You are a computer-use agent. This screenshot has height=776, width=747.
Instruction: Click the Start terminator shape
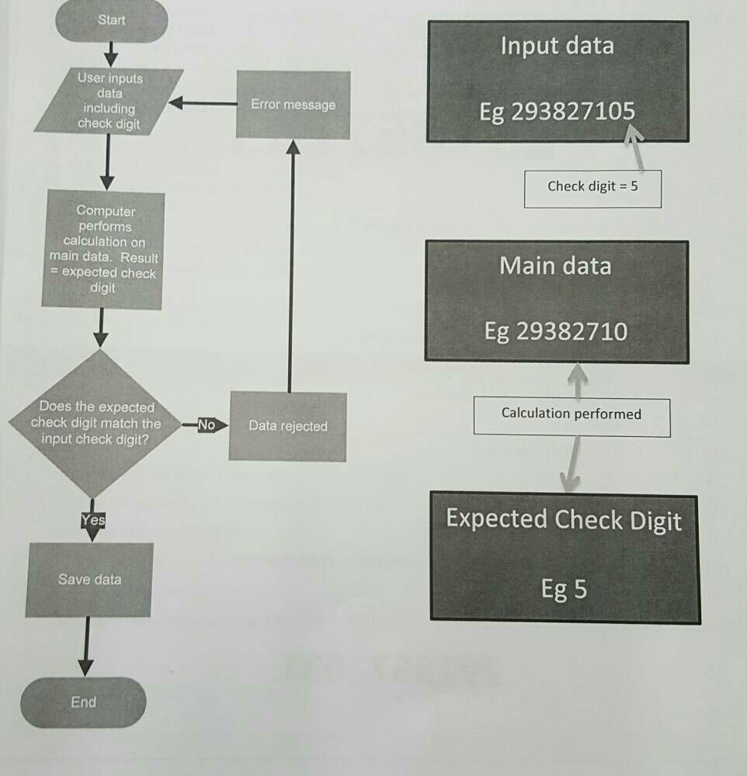tap(112, 21)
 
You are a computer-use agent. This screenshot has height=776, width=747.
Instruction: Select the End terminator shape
tap(84, 702)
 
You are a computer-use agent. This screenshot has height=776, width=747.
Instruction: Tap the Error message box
tap(293, 105)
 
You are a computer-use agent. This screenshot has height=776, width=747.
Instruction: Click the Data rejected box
tap(288, 426)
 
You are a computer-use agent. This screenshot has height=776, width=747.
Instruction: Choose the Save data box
tap(89, 580)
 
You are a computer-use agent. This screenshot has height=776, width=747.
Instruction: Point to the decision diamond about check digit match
tap(96, 424)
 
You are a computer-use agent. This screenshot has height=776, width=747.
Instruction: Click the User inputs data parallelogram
tap(109, 101)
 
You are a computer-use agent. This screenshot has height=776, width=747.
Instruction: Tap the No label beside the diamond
tap(206, 424)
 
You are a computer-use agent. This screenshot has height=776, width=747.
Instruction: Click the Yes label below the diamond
tap(92, 521)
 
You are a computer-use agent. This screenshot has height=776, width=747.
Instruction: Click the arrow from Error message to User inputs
tap(203, 103)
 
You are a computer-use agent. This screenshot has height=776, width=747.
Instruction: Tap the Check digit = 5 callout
tap(592, 186)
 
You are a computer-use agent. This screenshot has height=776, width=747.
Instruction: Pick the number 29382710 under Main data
tap(571, 332)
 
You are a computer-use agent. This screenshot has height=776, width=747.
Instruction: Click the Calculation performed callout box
tap(572, 414)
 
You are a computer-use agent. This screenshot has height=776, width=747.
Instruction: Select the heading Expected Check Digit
tap(564, 520)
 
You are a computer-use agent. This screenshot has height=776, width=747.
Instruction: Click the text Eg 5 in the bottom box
tap(564, 590)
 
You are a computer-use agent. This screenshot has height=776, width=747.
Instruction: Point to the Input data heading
tap(557, 45)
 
